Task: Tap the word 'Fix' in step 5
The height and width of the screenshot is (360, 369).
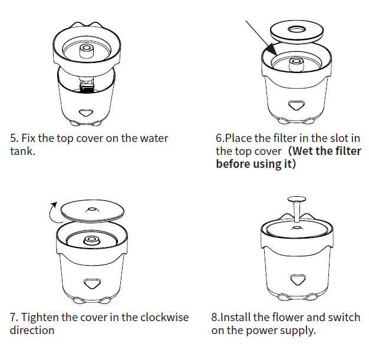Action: (x=29, y=138)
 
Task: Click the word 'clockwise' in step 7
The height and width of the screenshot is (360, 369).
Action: (x=165, y=318)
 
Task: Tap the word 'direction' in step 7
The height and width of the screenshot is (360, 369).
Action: (x=32, y=330)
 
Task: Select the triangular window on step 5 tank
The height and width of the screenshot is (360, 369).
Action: (x=86, y=111)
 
